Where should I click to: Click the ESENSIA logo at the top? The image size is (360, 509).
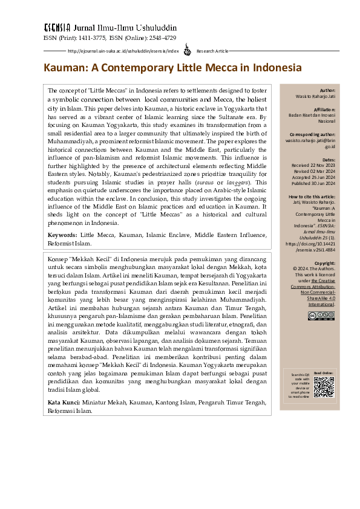click(x=57, y=28)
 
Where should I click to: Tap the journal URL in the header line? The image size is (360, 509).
click(x=123, y=51)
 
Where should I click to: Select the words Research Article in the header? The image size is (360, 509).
click(x=212, y=51)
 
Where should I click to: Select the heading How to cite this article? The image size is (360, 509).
click(x=312, y=197)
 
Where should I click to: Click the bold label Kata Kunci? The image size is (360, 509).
click(x=63, y=402)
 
